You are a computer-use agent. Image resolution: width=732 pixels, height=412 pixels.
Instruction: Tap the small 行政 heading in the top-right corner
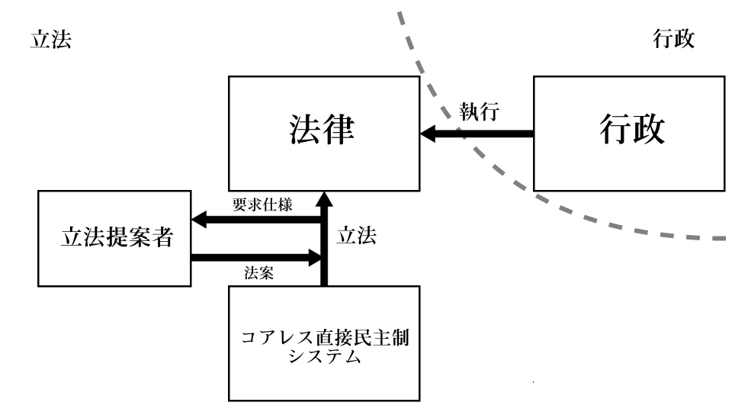coord(674,40)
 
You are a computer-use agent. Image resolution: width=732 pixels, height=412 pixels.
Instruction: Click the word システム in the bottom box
coord(323,358)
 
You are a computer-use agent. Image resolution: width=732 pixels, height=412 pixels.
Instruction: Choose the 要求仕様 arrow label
coord(262,205)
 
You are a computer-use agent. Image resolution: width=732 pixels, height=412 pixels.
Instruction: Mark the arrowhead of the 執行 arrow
coord(429,134)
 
